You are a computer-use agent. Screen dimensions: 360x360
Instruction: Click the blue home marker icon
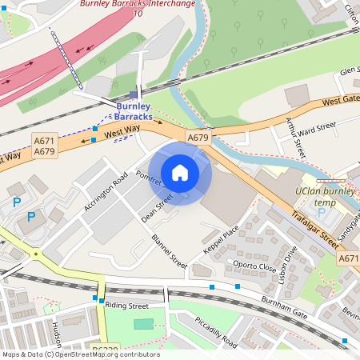[x=180, y=172]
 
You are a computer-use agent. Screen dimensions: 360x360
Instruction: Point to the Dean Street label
[x=157, y=210]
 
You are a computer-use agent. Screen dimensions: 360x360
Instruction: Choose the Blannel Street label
[x=170, y=250]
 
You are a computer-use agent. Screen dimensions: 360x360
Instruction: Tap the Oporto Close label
[x=255, y=266]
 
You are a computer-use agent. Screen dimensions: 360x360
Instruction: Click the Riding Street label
[x=127, y=306]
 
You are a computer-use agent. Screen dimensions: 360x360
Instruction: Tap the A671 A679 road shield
[x=44, y=146]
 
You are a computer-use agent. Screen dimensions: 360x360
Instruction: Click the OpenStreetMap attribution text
[x=80, y=354]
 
